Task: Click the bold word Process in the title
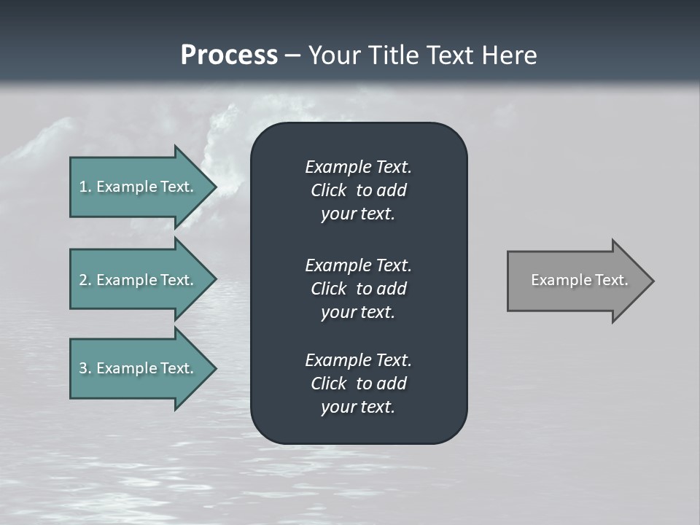pyautogui.click(x=229, y=55)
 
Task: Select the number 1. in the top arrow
pyautogui.click(x=85, y=187)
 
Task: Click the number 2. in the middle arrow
pyautogui.click(x=85, y=280)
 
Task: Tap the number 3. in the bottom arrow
pyautogui.click(x=85, y=368)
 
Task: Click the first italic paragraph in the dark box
pyautogui.click(x=358, y=190)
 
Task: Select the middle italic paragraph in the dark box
pyautogui.click(x=358, y=289)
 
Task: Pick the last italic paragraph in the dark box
pyautogui.click(x=358, y=384)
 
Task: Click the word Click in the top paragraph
pyautogui.click(x=328, y=190)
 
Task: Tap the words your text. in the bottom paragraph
pyautogui.click(x=358, y=407)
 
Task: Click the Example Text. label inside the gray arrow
pyautogui.click(x=579, y=280)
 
